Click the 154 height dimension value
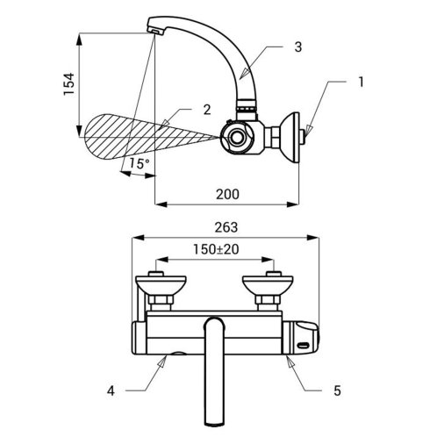[69, 84]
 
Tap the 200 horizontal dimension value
[227, 194]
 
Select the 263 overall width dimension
[226, 227]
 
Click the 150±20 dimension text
[216, 249]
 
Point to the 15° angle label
[140, 163]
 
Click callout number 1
[361, 82]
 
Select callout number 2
[207, 110]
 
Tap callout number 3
[297, 47]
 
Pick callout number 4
[111, 390]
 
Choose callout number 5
[337, 390]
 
